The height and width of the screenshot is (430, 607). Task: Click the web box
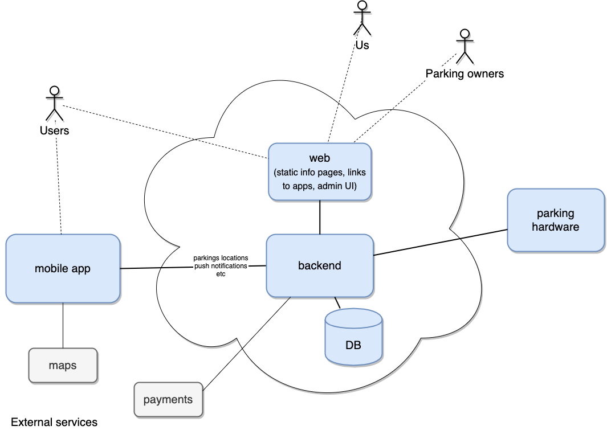pyautogui.click(x=320, y=171)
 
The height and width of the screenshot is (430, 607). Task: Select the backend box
pyautogui.click(x=320, y=265)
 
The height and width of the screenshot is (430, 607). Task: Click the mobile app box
pyautogui.click(x=63, y=269)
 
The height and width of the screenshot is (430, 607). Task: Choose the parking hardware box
pyautogui.click(x=556, y=220)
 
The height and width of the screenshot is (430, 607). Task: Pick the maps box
pyautogui.click(x=63, y=366)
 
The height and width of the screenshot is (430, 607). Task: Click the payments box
pyautogui.click(x=168, y=400)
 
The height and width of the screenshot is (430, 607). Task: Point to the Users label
pyautogui.click(x=54, y=131)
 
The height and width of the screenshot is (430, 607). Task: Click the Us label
pyautogui.click(x=362, y=46)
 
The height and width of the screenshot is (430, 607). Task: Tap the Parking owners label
pyautogui.click(x=465, y=74)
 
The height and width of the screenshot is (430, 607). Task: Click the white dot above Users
pyautogui.click(x=54, y=91)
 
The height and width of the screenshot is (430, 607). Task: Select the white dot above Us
pyautogui.click(x=362, y=5)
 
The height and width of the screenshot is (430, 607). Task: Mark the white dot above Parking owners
pyautogui.click(x=465, y=34)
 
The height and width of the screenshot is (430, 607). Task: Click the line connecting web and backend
pyautogui.click(x=320, y=218)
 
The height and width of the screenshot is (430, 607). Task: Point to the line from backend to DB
pyautogui.click(x=337, y=303)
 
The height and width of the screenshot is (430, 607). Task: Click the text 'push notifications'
pyautogui.click(x=221, y=266)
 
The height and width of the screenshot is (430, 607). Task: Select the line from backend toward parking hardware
pyautogui.click(x=416, y=247)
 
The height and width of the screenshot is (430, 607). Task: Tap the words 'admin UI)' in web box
pyautogui.click(x=337, y=186)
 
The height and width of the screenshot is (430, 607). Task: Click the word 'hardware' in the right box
pyautogui.click(x=556, y=227)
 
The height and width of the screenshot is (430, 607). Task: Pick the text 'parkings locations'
pyautogui.click(x=221, y=259)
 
